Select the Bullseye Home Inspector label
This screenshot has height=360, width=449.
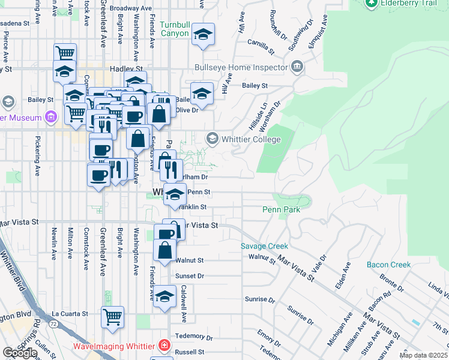click(x=241, y=68)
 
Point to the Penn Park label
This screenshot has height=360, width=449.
click(x=281, y=209)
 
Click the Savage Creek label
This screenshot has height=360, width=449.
click(x=264, y=246)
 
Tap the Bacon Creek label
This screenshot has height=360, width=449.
click(x=389, y=265)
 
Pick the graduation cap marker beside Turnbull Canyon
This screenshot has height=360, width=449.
click(x=203, y=35)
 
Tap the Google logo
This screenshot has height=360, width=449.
click(x=20, y=352)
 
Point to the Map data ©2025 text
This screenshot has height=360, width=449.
click(x=423, y=355)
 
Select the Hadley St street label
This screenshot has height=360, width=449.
click(x=125, y=70)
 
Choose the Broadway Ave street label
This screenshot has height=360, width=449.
click(x=130, y=9)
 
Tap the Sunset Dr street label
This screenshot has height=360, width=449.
click(x=190, y=276)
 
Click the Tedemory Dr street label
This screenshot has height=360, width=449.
click(x=191, y=336)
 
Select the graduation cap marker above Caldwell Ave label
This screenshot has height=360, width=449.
click(x=164, y=296)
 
